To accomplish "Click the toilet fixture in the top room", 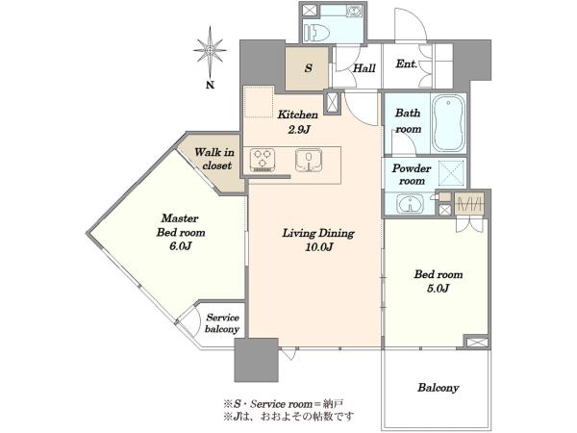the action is (x=315, y=32).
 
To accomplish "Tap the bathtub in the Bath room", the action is (x=448, y=122).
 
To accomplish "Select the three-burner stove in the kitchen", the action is (x=263, y=160).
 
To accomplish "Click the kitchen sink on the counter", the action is (x=309, y=160).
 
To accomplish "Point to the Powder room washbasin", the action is (x=410, y=204).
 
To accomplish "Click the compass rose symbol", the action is (x=210, y=50).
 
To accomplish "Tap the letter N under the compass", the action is (x=210, y=85).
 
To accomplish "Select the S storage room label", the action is (x=309, y=68).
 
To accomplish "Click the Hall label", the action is (x=364, y=68).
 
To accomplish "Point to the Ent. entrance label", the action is (x=406, y=64).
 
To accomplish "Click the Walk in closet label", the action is (x=214, y=159).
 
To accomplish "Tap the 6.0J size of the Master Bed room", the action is (x=181, y=246).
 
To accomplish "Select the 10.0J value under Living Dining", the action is (x=318, y=247).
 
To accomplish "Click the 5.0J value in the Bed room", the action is (x=438, y=288).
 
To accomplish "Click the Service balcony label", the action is (x=222, y=323).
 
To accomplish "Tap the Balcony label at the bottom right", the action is (x=438, y=388).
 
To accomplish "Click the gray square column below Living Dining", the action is (x=257, y=360).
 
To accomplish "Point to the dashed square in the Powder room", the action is (x=452, y=172).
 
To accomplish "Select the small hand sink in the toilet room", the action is (x=353, y=11).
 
